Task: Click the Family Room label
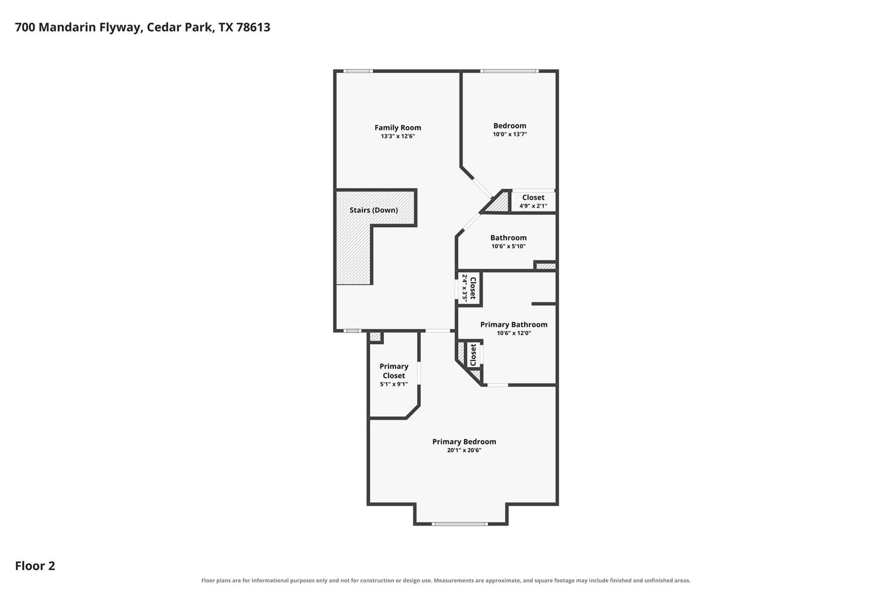point(397,128)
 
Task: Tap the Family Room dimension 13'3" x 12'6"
point(397,136)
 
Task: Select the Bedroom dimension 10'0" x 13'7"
point(510,135)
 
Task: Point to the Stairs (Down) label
point(374,210)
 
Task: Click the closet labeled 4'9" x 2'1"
point(533,202)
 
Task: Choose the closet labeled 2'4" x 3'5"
point(469,288)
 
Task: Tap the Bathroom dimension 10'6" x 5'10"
point(508,247)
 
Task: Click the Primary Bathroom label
point(513,325)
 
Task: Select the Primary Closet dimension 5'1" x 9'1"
point(394,385)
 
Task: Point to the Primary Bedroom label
point(464,442)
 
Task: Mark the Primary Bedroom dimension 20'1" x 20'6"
point(464,450)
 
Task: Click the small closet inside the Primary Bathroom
point(474,354)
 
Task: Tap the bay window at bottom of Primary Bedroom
point(459,524)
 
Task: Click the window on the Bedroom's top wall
point(510,71)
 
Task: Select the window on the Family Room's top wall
point(358,71)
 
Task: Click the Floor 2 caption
point(35,566)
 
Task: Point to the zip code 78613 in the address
point(253,27)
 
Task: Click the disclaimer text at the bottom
point(446,580)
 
